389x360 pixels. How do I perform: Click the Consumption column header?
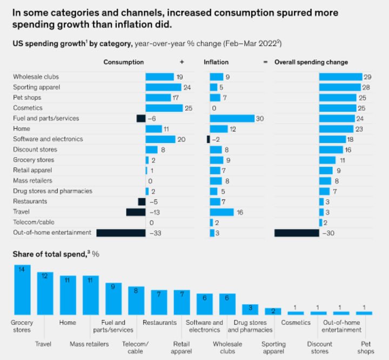point(124,62)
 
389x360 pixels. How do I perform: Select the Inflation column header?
point(216,62)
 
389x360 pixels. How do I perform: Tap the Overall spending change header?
point(311,62)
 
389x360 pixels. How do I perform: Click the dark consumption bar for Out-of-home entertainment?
point(121,233)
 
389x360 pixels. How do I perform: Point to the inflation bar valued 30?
point(232,118)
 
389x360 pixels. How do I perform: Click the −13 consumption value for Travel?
point(153,212)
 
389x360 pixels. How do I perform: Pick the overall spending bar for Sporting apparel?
point(339,87)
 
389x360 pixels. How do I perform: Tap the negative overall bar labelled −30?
point(297,233)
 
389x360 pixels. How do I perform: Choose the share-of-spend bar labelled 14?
point(22,290)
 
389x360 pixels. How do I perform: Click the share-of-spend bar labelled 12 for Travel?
point(45,293)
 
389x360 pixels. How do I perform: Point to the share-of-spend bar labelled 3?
point(250,309)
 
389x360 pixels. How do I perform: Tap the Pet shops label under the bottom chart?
point(366,348)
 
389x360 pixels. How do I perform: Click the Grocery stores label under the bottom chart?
point(22,326)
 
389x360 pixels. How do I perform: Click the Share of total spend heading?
point(52,254)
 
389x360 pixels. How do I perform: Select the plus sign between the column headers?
point(182,62)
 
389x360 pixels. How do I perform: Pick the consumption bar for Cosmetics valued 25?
point(164,108)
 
